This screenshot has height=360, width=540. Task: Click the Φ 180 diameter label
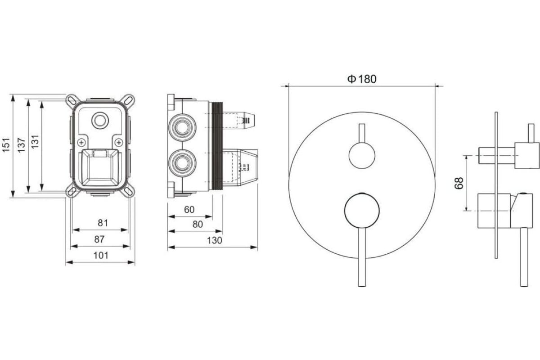click(x=362, y=79)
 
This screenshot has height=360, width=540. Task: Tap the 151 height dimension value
click(x=6, y=145)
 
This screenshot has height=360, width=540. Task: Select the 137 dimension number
click(x=22, y=145)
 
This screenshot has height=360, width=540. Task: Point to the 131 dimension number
click(x=35, y=142)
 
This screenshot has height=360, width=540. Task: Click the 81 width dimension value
click(x=103, y=223)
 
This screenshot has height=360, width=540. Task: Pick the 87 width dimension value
click(x=99, y=239)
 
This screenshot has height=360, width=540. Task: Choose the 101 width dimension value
click(x=101, y=255)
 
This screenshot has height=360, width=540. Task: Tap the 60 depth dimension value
click(x=189, y=210)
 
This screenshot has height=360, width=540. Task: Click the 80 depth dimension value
click(x=198, y=224)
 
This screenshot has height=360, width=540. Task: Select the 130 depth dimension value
click(x=214, y=240)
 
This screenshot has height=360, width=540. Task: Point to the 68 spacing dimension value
click(x=459, y=183)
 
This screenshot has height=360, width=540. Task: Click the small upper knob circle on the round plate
click(x=362, y=155)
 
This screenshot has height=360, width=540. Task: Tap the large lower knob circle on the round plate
click(x=362, y=211)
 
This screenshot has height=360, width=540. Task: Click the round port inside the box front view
click(x=100, y=120)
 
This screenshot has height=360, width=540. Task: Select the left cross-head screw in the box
click(x=82, y=143)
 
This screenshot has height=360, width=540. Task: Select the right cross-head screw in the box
click(x=119, y=143)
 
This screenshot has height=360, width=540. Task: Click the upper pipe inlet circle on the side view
click(x=182, y=127)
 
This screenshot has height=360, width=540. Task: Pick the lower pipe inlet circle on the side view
click(x=182, y=163)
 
